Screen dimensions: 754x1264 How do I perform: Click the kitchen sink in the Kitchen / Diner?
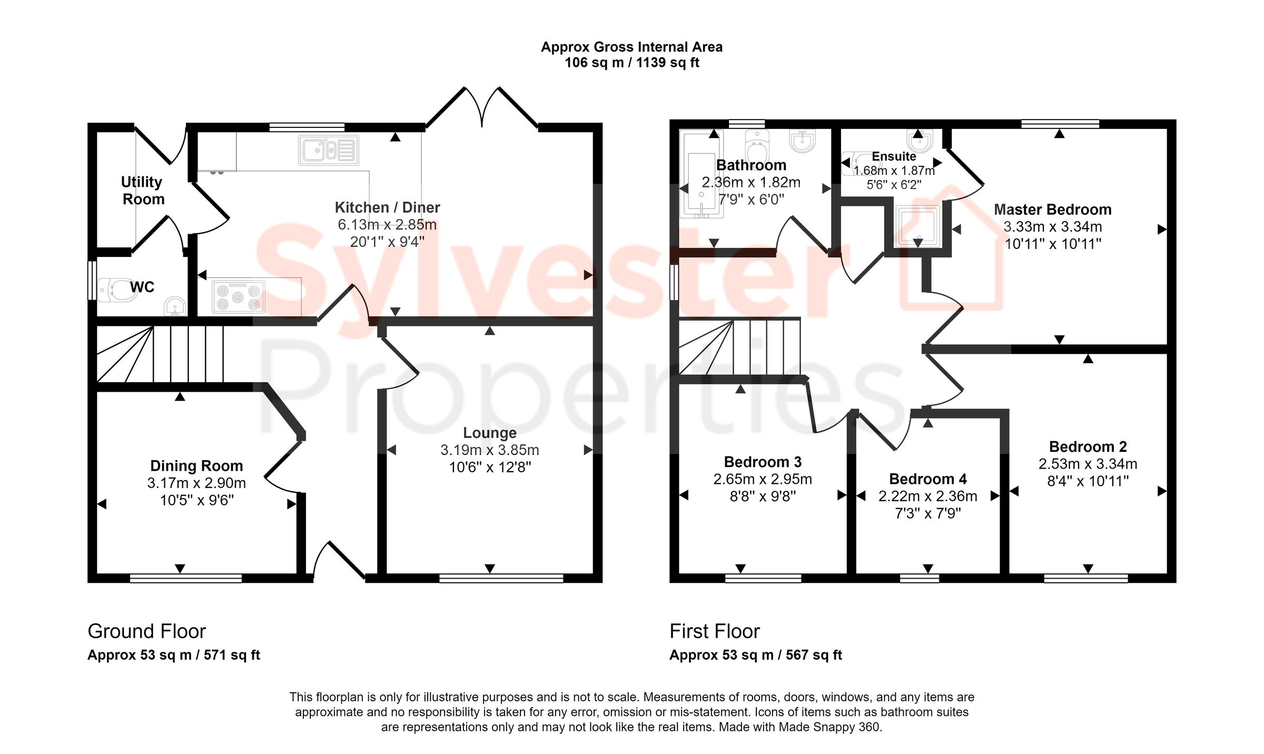(x=329, y=150)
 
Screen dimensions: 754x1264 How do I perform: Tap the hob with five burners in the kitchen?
(x=238, y=297)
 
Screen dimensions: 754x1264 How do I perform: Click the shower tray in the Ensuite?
(x=918, y=225)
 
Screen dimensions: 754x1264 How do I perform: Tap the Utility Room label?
(x=142, y=190)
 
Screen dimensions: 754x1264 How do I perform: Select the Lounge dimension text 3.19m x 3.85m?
(x=489, y=450)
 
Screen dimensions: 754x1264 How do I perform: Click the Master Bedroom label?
(x=1052, y=210)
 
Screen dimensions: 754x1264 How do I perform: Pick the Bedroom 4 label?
(x=927, y=479)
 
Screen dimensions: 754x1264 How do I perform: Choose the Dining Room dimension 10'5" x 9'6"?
(x=196, y=500)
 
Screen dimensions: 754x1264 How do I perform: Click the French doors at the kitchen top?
(x=482, y=108)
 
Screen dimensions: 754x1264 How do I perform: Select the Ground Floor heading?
(x=146, y=631)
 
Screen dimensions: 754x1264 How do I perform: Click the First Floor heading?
(x=714, y=631)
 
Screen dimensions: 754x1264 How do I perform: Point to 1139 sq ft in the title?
(x=667, y=63)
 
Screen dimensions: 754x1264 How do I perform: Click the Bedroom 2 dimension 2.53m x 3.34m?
(x=1088, y=464)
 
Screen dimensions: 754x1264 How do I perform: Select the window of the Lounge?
(x=501, y=579)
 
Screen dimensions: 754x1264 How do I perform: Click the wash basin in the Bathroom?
(x=802, y=141)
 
